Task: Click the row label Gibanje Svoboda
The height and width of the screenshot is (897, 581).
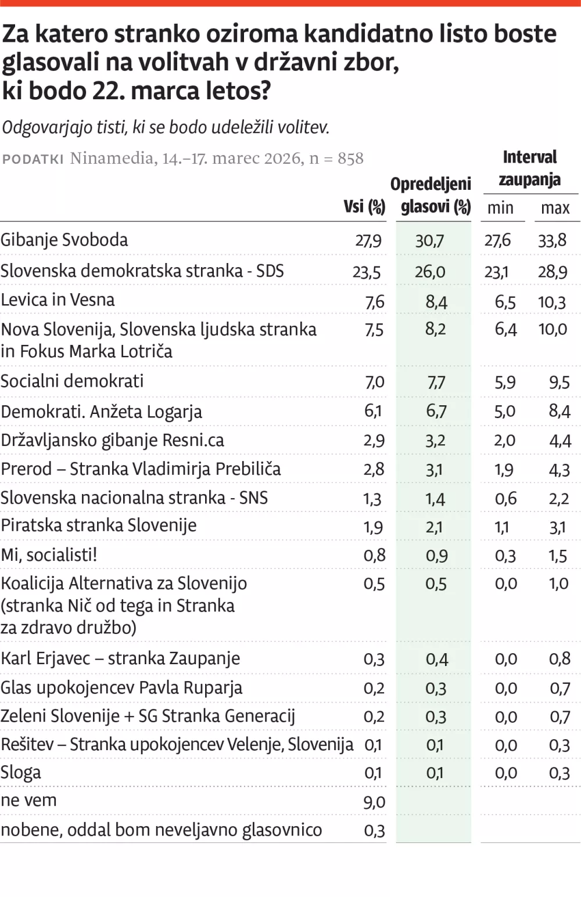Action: (64, 240)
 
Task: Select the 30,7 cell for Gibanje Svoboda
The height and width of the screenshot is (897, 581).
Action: (429, 241)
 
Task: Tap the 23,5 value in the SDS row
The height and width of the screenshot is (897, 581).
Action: (367, 272)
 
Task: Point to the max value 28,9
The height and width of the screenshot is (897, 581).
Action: (553, 272)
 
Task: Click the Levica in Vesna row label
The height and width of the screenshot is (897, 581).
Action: (58, 300)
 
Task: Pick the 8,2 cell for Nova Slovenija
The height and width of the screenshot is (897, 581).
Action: (435, 329)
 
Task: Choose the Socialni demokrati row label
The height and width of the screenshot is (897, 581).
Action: (72, 381)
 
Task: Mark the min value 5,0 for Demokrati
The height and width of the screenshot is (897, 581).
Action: (505, 412)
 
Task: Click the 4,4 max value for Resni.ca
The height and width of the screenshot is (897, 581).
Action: (560, 441)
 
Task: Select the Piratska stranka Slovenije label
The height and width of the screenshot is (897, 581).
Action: (99, 525)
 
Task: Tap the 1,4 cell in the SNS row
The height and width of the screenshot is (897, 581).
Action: (435, 499)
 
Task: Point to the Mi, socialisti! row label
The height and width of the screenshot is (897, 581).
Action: (49, 554)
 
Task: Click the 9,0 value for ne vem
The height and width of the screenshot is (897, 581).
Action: (374, 802)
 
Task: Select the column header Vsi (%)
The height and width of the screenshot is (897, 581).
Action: (364, 207)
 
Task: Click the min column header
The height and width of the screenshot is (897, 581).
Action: (500, 208)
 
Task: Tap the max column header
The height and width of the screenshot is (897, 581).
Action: (555, 208)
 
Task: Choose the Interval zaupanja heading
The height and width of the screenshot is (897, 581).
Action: (529, 168)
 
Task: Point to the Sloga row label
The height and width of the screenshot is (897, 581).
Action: (21, 773)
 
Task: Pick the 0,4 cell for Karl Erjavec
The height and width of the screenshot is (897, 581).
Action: (436, 659)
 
